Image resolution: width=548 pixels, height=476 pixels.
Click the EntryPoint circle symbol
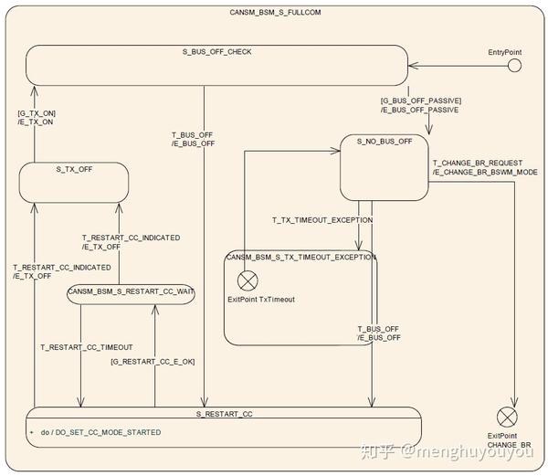(514, 66)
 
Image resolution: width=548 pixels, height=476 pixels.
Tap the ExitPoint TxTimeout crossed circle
(248, 280)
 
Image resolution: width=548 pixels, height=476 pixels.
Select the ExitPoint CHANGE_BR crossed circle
(507, 417)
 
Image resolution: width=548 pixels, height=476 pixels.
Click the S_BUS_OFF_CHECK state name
(216, 52)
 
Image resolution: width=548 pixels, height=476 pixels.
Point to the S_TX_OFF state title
(74, 170)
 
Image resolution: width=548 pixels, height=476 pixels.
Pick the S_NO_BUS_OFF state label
(385, 142)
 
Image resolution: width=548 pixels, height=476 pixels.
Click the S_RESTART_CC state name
(224, 414)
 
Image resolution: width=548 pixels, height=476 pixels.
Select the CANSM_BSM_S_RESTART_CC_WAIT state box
(131, 294)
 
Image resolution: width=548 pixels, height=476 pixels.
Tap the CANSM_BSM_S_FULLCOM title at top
(275, 12)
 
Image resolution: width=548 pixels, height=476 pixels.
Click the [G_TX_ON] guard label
(37, 113)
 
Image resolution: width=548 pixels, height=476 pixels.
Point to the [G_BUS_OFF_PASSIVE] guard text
(421, 100)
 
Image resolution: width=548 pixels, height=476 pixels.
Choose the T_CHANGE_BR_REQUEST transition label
(478, 164)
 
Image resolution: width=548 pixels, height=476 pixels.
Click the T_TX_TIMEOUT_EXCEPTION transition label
(322, 220)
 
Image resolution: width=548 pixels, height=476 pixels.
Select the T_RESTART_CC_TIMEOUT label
(87, 347)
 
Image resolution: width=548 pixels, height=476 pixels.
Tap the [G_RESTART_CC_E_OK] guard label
(153, 362)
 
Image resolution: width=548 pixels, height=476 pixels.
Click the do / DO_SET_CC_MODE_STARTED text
(100, 432)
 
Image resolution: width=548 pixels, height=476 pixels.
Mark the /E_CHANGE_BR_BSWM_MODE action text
(485, 172)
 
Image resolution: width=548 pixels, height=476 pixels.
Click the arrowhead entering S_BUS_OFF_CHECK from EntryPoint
(413, 66)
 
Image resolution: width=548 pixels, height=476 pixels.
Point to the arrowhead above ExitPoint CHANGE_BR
(514, 402)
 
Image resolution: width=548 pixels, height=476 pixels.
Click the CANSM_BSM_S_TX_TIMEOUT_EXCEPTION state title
(300, 258)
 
